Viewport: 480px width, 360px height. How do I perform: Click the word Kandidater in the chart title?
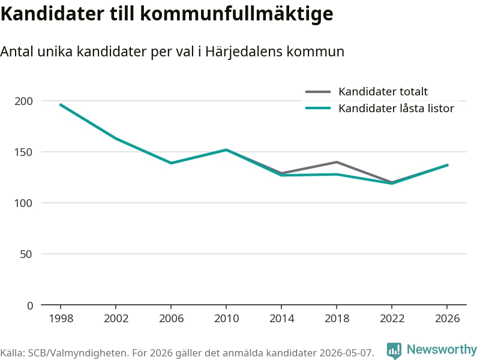[53, 13]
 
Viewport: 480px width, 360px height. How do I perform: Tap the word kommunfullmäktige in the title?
[236, 14]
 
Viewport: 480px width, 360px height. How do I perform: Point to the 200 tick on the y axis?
[23, 101]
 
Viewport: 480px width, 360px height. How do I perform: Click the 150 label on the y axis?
[23, 152]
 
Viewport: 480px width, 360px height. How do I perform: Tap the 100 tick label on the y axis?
[23, 203]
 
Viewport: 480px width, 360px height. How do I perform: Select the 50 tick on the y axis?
[26, 254]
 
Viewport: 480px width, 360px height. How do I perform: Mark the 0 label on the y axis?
[29, 305]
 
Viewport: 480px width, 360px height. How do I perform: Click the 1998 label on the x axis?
[61, 319]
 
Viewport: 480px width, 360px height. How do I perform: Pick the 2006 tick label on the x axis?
[171, 319]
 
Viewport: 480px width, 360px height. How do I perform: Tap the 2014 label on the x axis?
[281, 319]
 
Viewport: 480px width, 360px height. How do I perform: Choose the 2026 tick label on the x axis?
[447, 319]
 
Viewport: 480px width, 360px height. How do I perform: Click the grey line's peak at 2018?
[337, 162]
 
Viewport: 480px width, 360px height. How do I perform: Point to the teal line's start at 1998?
[61, 104]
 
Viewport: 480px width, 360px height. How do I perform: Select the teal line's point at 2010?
[226, 149]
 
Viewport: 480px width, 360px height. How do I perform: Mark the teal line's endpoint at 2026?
[448, 165]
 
